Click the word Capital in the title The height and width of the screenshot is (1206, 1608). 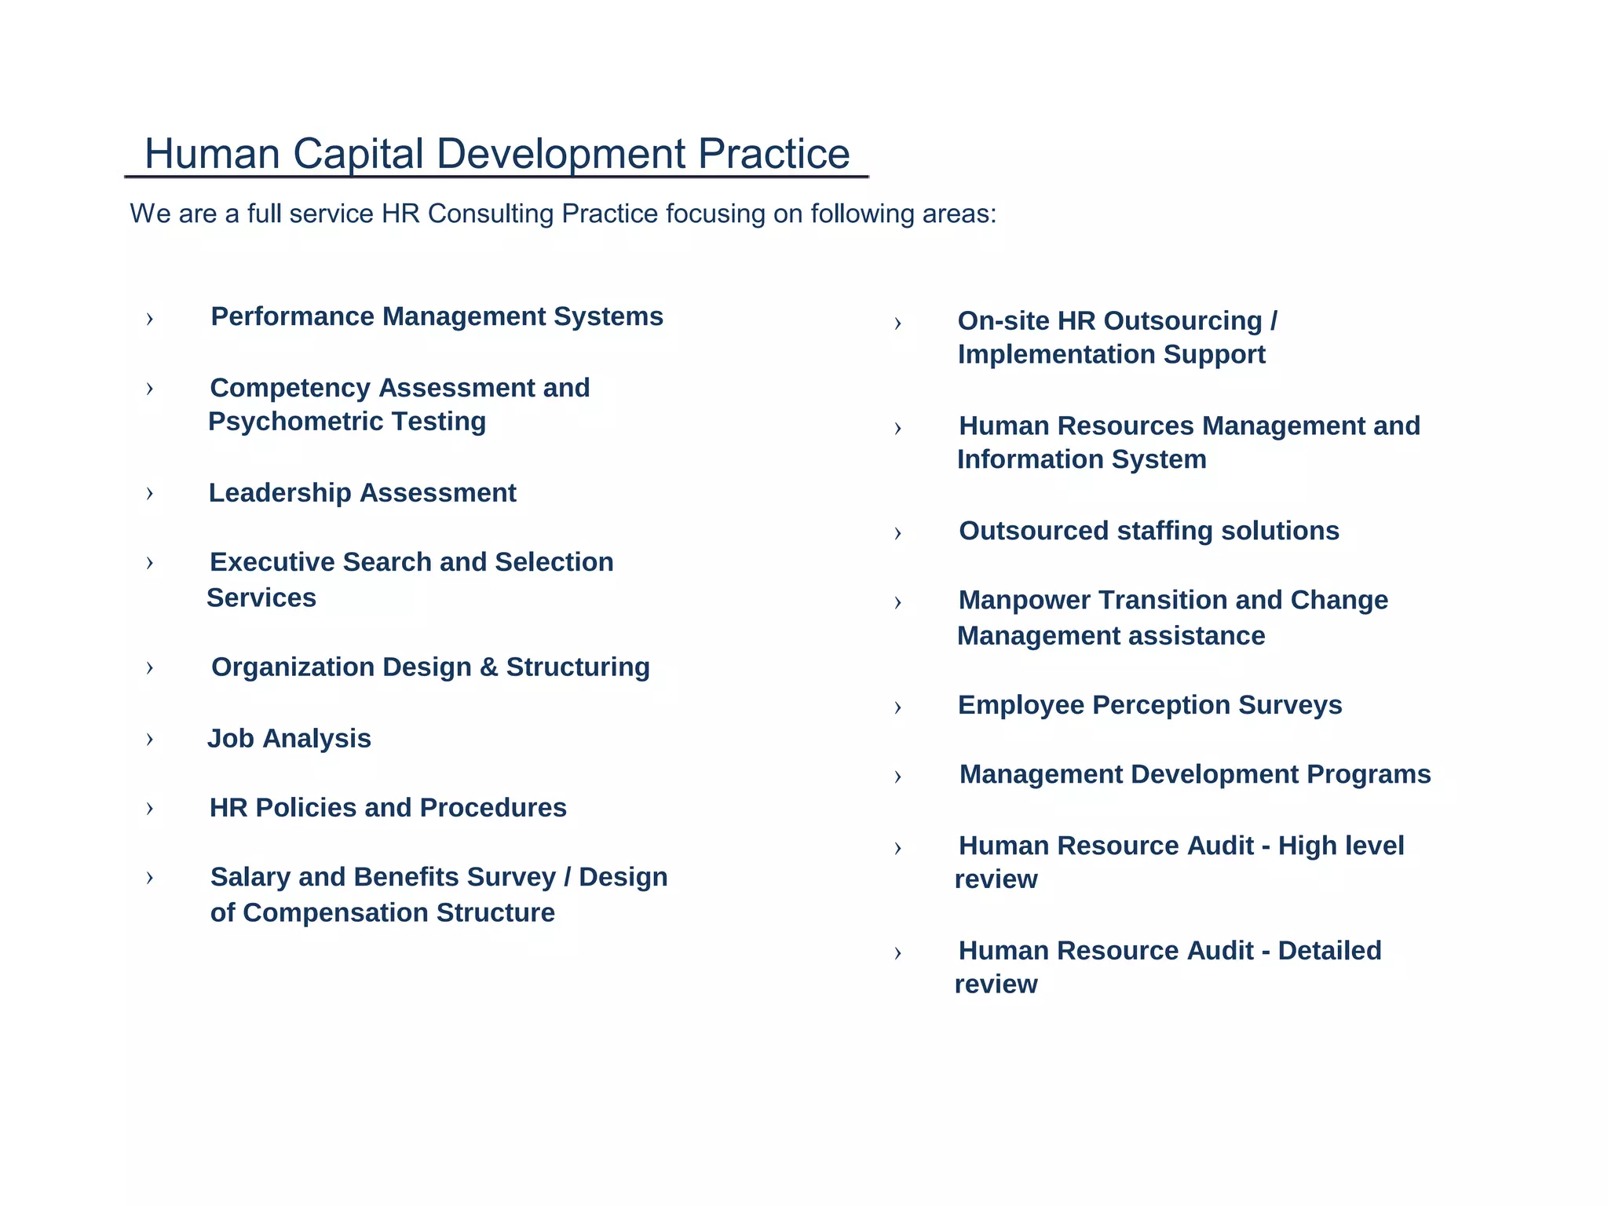click(358, 155)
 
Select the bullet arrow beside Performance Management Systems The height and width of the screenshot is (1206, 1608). click(149, 319)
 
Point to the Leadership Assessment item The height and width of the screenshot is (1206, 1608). click(362, 493)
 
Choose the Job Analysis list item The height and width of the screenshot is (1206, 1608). click(289, 739)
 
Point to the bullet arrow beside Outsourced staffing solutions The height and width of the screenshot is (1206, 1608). click(897, 534)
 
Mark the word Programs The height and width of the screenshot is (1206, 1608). click(1369, 775)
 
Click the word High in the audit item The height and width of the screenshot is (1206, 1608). click(1306, 846)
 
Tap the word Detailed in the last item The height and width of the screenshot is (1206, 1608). click(1329, 951)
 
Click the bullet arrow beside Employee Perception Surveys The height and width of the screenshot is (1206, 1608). click(897, 708)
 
